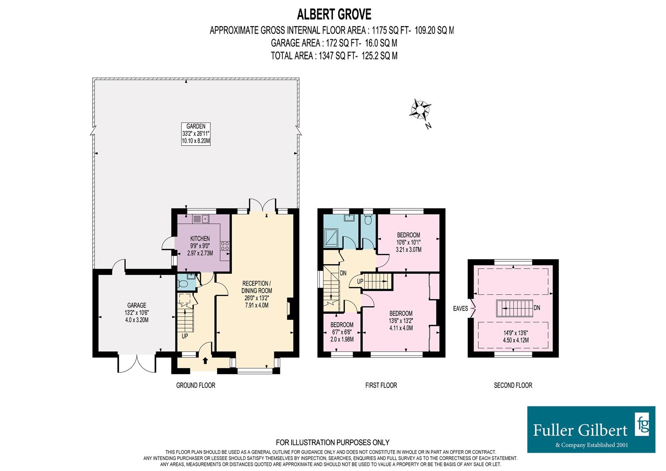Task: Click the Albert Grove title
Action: pos(334,14)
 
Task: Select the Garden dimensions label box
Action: pos(196,134)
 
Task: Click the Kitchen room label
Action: pos(200,246)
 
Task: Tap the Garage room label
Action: pos(137,312)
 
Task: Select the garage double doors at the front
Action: pos(137,363)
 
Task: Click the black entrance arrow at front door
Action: pos(205,360)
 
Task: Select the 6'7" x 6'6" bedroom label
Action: pos(342,332)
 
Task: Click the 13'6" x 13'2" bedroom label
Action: pos(401,321)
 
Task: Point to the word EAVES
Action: pos(460,308)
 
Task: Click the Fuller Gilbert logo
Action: pos(591,429)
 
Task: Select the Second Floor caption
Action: pos(513,385)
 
